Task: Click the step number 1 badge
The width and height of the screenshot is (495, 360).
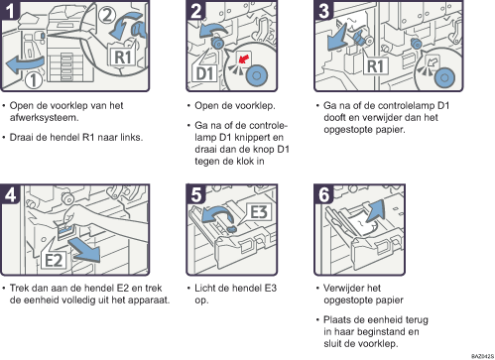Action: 10,10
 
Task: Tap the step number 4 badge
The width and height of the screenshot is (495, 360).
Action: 10,194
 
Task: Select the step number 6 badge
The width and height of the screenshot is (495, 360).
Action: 323,194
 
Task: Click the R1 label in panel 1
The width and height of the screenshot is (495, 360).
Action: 123,57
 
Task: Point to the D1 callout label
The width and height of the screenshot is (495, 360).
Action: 204,73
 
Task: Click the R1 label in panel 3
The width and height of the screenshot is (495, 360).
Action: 375,65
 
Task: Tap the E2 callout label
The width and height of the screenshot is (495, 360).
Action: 54,260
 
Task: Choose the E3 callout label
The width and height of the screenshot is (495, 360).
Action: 259,212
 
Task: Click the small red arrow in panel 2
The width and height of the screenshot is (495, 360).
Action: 244,60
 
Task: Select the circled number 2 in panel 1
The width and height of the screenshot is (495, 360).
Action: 107,15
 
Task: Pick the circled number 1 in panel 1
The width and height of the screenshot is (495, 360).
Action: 34,80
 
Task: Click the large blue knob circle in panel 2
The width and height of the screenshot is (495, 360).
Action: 257,75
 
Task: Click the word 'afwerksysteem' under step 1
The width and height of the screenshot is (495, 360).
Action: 44,118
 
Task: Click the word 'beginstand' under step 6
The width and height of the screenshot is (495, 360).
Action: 377,331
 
